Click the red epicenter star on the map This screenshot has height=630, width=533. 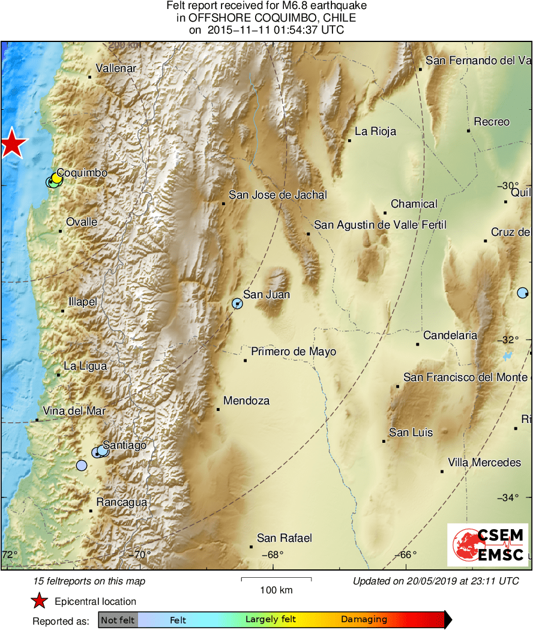pos(12,144)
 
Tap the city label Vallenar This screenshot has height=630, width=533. pos(116,68)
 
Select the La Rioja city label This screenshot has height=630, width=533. pos(375,131)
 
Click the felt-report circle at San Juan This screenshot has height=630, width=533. pos(238,304)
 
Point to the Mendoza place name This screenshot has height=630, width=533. pos(246,401)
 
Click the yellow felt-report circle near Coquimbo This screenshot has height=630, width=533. pos(56,178)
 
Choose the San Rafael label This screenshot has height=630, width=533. pos(284,538)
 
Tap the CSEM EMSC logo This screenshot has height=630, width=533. pos(487,545)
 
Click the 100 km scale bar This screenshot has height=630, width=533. pos(276,580)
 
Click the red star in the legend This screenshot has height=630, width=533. pos(40,601)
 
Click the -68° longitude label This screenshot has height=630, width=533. pos(274,554)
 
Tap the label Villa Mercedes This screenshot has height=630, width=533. pos(484,463)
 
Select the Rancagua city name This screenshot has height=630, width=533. pos(122,503)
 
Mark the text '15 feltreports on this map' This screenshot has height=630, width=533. pos(89,581)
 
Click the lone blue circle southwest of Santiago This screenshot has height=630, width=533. pos(82,465)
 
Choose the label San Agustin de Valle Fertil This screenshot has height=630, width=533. pos(381,225)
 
